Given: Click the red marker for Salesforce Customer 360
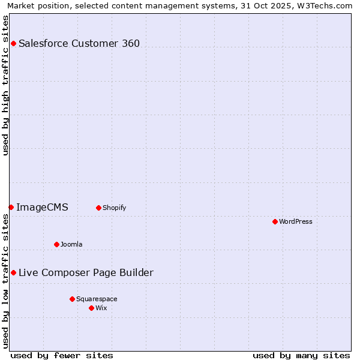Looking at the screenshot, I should coord(13,43).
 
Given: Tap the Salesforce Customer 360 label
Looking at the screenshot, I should coord(79,43).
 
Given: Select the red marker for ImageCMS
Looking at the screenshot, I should coord(11,207).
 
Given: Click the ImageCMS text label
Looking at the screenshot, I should coord(42,208).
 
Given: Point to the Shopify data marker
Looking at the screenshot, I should coord(98,208).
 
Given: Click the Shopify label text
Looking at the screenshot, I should coord(114,208).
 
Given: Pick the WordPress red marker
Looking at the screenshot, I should coord(275,221).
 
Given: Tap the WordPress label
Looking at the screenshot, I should coord(295,222).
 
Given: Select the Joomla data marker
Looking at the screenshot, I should coord(56,244).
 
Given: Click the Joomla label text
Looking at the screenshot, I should coord(71,245).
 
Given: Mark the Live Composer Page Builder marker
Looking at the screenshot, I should coord(13,272).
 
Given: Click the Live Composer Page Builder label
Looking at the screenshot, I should coord(86,273).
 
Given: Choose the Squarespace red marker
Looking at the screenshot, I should coord(72,299).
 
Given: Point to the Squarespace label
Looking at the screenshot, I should coord(97,299).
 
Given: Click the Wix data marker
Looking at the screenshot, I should coord(91,308).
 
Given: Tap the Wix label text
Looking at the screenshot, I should coord(101,308).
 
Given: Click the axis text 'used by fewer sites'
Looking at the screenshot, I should coord(62,355).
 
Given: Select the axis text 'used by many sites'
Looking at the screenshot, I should coord(301,355).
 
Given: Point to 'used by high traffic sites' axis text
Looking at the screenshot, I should coord(5,85).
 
